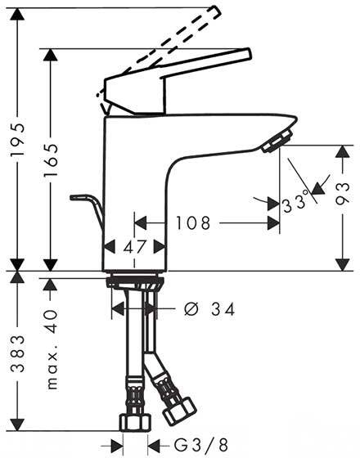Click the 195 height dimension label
pyautogui.click(x=17, y=140)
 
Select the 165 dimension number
pyautogui.click(x=51, y=160)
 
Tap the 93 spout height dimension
pyautogui.click(x=343, y=193)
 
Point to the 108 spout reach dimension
pyautogui.click(x=193, y=223)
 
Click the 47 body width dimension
pyautogui.click(x=134, y=247)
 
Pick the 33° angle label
pyautogui.click(x=295, y=201)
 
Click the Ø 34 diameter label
pyautogui.click(x=209, y=309)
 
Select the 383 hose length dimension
pyautogui.click(x=17, y=353)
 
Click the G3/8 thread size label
pyautogui.click(x=201, y=445)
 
